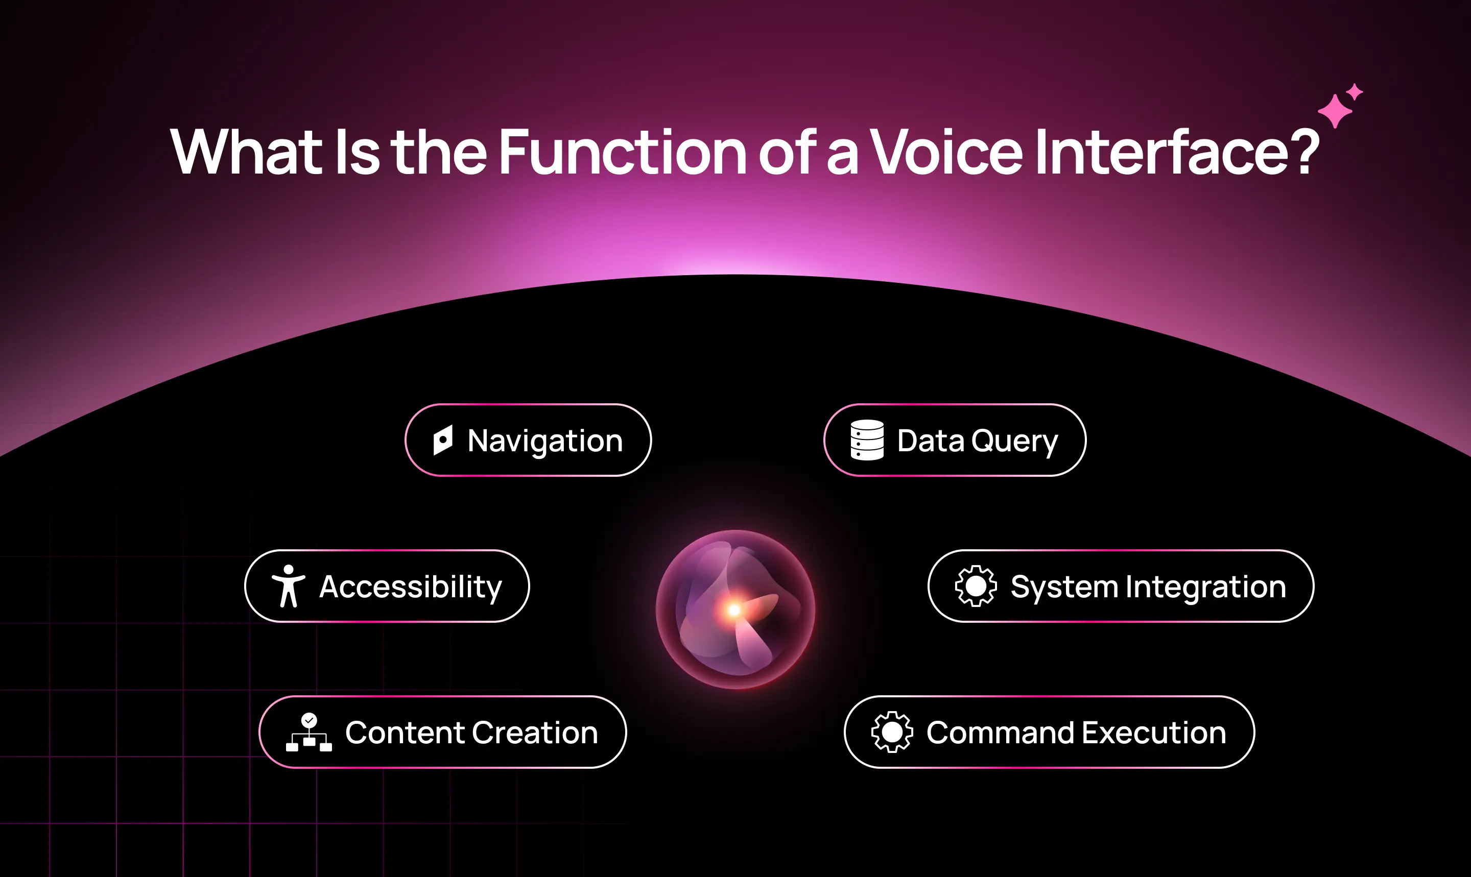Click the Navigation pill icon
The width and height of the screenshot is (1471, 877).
tap(443, 440)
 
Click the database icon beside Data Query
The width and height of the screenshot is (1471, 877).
tap(867, 440)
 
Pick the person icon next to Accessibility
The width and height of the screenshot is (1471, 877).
tap(289, 586)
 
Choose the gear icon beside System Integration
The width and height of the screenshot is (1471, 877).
tap(976, 586)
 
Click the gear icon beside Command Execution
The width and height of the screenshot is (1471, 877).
tap(892, 732)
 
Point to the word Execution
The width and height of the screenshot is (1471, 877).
tap(1153, 733)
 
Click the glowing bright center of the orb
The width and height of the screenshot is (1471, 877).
tap(734, 610)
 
